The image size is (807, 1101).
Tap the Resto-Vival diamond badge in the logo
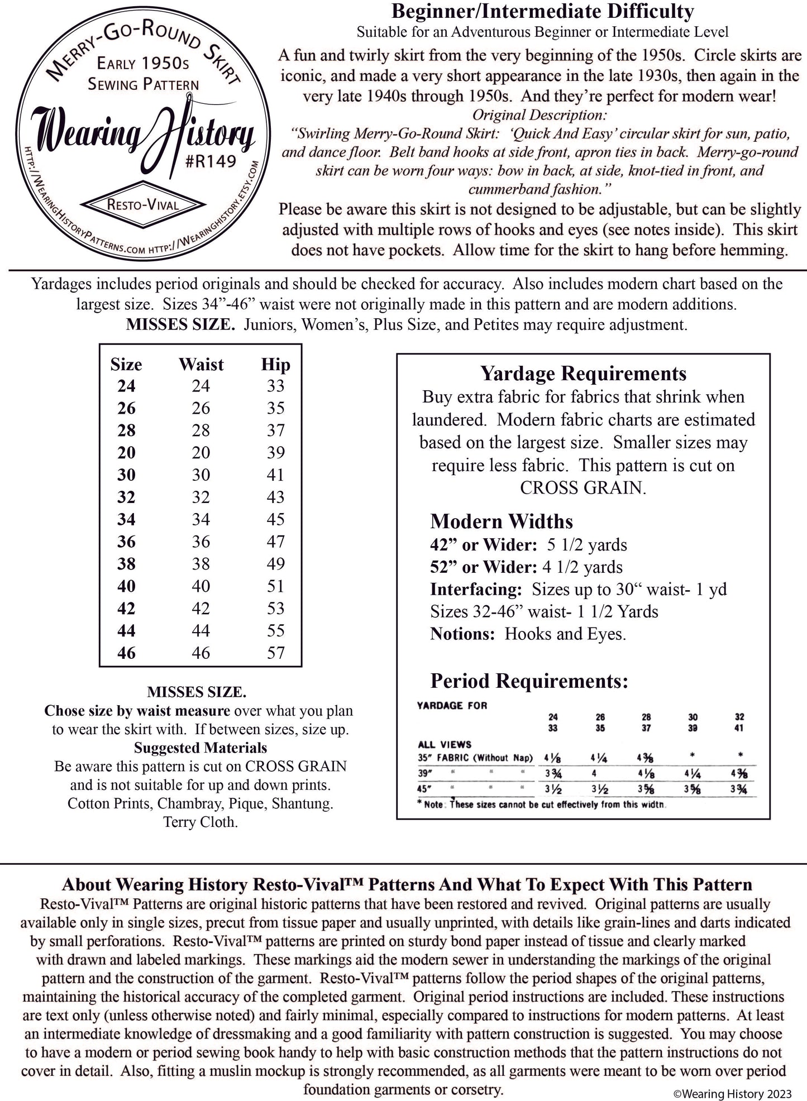tap(143, 205)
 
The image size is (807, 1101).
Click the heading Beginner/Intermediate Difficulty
tap(542, 11)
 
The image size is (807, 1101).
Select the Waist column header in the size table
tap(201, 365)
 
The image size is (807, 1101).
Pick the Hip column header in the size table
tap(275, 365)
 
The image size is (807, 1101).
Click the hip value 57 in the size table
tap(275, 652)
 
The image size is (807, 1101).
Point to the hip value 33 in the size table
tap(275, 386)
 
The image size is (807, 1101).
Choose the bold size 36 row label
tap(126, 542)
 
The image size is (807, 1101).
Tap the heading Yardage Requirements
tap(583, 374)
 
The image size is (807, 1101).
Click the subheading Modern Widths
tap(501, 521)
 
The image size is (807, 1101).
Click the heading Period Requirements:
tap(529, 681)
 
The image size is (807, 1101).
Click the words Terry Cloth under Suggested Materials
tap(200, 822)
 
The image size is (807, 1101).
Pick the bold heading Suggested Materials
tap(200, 748)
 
